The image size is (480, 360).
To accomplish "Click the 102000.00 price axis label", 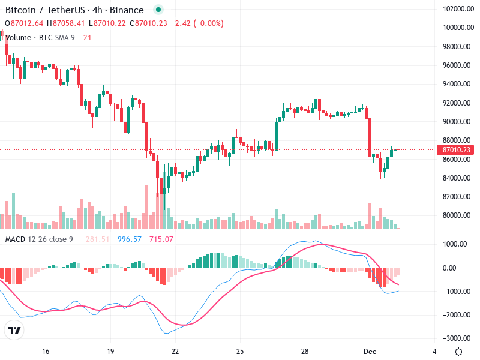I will pos(455,9).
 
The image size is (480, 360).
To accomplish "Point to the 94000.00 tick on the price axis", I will pos(455,84).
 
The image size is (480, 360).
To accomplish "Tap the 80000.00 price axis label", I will pos(455,215).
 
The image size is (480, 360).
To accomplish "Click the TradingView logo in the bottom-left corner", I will pos(14,330).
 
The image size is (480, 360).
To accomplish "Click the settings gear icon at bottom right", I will pos(458,352).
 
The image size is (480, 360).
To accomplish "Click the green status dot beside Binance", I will pos(158,10).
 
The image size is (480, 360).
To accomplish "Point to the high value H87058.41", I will pos(68,23).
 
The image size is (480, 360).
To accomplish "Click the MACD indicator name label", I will pos(15,239).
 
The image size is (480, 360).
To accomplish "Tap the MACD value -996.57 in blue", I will pos(129,239).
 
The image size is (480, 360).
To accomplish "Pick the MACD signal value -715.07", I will pos(160,239).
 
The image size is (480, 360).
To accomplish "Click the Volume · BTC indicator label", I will pos(28,37).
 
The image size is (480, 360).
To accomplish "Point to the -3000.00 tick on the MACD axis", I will pos(455,338).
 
